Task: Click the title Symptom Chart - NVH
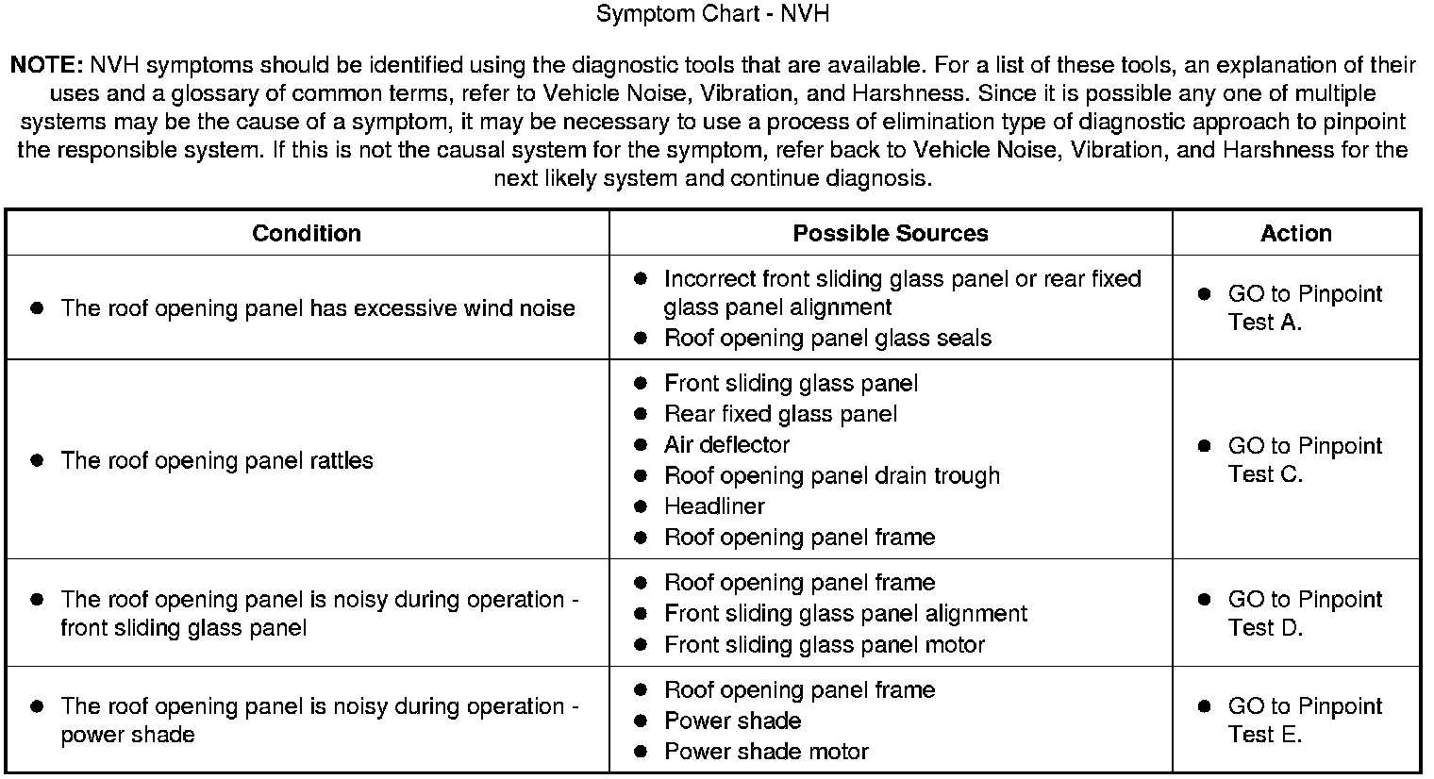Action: pos(713,14)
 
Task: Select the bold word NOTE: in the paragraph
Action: pos(47,65)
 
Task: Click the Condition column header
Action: pos(307,233)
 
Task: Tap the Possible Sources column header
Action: pos(890,233)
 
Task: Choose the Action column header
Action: pos(1295,233)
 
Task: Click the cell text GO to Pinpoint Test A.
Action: pos(1304,307)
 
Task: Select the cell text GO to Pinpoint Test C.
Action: pos(1304,460)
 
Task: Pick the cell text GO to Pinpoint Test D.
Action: pos(1304,613)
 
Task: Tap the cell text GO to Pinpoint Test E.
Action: pos(1304,721)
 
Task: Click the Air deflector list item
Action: pos(726,445)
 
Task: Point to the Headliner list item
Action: pos(714,506)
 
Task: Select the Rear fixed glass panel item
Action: pos(780,414)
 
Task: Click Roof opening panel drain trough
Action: pos(831,475)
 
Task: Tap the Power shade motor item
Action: pos(766,752)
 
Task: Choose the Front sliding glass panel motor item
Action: pos(825,645)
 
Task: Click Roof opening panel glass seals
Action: pos(827,339)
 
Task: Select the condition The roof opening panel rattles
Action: pos(217,461)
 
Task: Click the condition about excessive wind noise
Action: pos(318,308)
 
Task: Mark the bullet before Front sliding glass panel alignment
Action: pos(641,614)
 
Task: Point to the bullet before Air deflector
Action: pos(641,445)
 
